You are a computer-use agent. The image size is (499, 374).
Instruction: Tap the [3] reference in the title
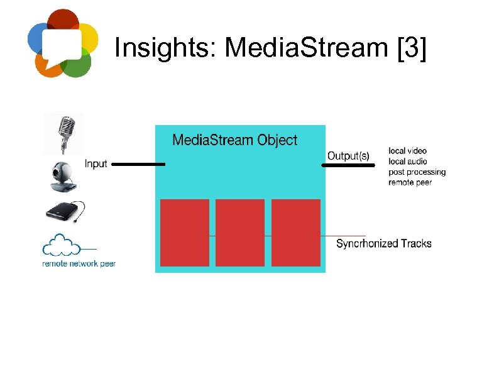click(412, 48)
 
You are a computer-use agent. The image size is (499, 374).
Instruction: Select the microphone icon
click(63, 133)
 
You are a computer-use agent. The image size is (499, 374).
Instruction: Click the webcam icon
click(63, 177)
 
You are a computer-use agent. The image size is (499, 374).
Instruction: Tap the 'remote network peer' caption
click(79, 264)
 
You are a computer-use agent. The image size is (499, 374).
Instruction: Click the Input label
click(96, 164)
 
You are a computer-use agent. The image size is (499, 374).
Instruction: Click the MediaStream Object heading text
click(234, 140)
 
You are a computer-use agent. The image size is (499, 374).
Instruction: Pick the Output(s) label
click(348, 156)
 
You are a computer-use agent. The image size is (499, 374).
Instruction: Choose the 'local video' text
click(407, 151)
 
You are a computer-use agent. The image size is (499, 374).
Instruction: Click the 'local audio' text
click(407, 162)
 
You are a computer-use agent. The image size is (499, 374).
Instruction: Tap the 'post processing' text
click(417, 172)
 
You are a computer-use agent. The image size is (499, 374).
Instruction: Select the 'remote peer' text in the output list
click(410, 182)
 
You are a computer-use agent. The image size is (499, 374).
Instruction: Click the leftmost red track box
click(185, 233)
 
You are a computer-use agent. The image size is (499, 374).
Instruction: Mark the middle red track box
click(240, 233)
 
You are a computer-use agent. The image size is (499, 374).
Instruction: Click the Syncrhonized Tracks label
click(383, 243)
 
